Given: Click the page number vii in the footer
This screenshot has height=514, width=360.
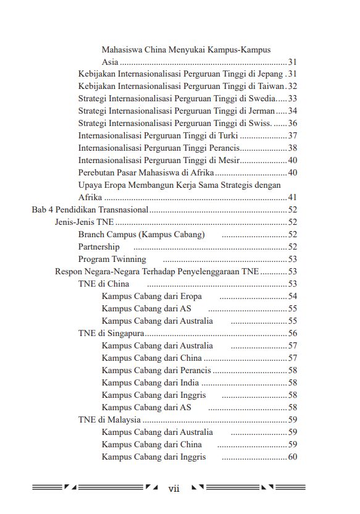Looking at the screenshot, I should [174, 489].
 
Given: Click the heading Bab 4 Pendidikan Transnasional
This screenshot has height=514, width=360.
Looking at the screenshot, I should [90, 210].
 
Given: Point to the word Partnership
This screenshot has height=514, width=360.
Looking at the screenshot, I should [99, 247].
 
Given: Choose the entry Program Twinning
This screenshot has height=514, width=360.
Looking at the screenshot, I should [112, 259].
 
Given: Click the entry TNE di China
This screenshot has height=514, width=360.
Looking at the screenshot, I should [104, 284].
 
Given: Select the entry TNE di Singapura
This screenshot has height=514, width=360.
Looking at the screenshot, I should [111, 334].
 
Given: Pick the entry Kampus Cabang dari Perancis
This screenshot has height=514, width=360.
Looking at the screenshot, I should [156, 371].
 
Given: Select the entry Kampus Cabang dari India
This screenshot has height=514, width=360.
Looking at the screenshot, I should [150, 383].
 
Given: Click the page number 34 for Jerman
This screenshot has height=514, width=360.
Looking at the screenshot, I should [293, 111].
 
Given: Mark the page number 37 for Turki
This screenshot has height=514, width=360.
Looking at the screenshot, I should [293, 136].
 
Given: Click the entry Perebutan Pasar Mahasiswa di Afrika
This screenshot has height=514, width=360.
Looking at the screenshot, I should [145, 173].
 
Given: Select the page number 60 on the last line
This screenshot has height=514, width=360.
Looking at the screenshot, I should [293, 457].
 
